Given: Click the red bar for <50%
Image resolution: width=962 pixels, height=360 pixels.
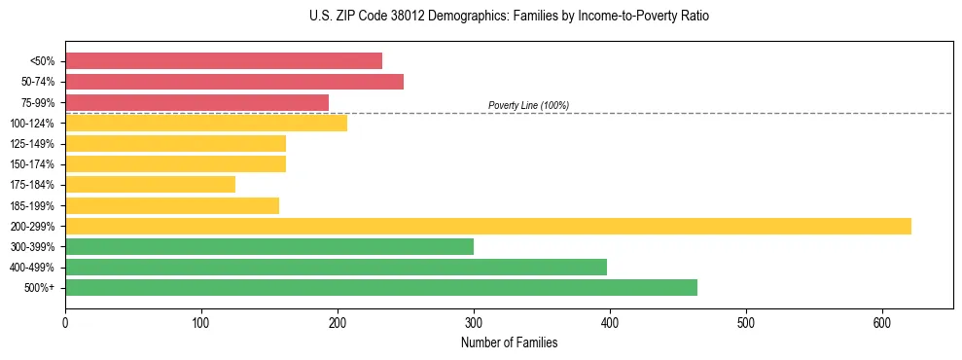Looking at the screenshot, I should click(224, 60).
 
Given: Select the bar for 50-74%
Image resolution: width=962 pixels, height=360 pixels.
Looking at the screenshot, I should click(234, 81).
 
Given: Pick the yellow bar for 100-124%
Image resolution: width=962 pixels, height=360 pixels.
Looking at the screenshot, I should click(206, 123).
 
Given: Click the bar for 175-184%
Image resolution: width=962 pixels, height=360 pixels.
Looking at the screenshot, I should click(150, 185).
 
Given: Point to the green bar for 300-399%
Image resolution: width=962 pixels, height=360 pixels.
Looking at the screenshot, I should click(269, 246).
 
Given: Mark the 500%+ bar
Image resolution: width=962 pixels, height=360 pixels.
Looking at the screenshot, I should click(381, 287).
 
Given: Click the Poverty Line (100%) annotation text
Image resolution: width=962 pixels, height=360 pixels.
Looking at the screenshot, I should click(528, 105).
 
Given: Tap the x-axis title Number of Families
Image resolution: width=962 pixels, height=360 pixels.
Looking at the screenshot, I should click(509, 342).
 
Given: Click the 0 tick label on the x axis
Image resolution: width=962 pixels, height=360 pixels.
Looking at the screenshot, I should click(65, 322).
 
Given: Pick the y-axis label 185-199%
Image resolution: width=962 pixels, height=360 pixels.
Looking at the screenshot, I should click(32, 205).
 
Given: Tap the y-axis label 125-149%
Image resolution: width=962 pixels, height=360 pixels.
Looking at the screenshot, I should click(32, 144).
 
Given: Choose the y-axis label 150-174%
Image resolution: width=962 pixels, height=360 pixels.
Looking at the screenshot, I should click(32, 164).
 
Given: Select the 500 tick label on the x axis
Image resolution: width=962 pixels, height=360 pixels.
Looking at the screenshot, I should click(746, 322).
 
